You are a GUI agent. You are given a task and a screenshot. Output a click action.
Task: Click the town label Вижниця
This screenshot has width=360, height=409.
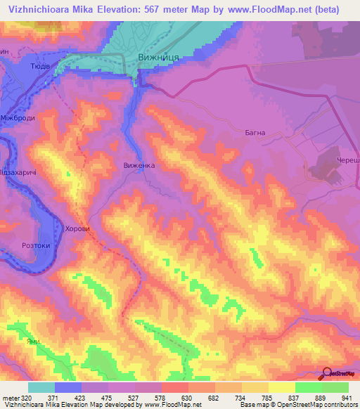point(156,56)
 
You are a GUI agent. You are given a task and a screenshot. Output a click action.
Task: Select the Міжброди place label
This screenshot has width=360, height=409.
point(17,117)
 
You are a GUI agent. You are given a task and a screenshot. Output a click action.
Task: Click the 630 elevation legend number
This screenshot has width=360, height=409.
point(174,397)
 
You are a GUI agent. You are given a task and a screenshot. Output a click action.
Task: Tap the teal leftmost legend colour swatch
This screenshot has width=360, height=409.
point(41,387)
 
